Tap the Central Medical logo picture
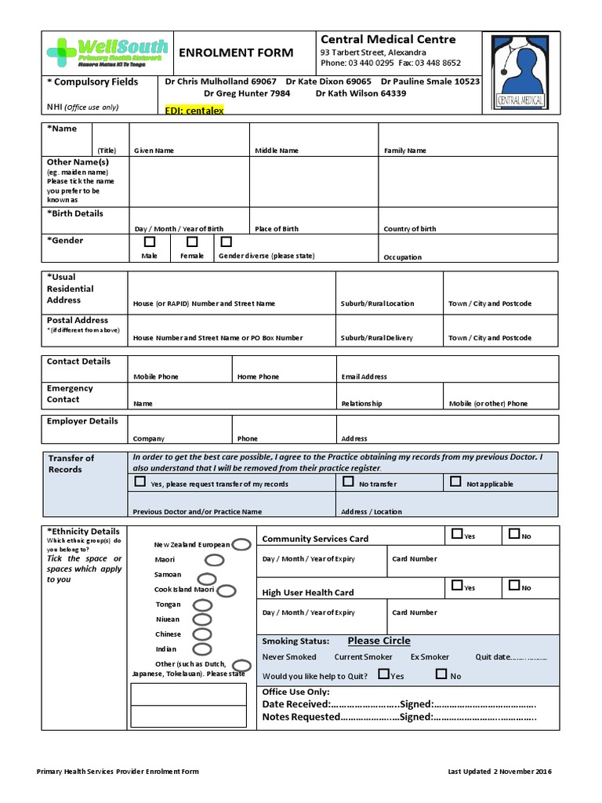point(520,72)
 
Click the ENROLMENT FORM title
point(237,53)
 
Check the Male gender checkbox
point(150,242)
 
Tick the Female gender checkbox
point(192,242)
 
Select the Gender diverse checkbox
point(227,242)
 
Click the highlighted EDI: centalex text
point(194,111)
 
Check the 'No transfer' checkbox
point(349,482)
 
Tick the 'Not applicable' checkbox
point(455,482)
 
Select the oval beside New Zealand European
point(241,544)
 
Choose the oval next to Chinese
point(202,634)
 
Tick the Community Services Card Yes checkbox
point(457,534)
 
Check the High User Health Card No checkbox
point(514,585)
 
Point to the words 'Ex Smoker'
point(430,657)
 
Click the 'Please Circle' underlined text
point(379,641)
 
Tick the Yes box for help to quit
point(383,674)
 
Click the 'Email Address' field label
point(364,376)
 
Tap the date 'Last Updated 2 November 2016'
point(500,772)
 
